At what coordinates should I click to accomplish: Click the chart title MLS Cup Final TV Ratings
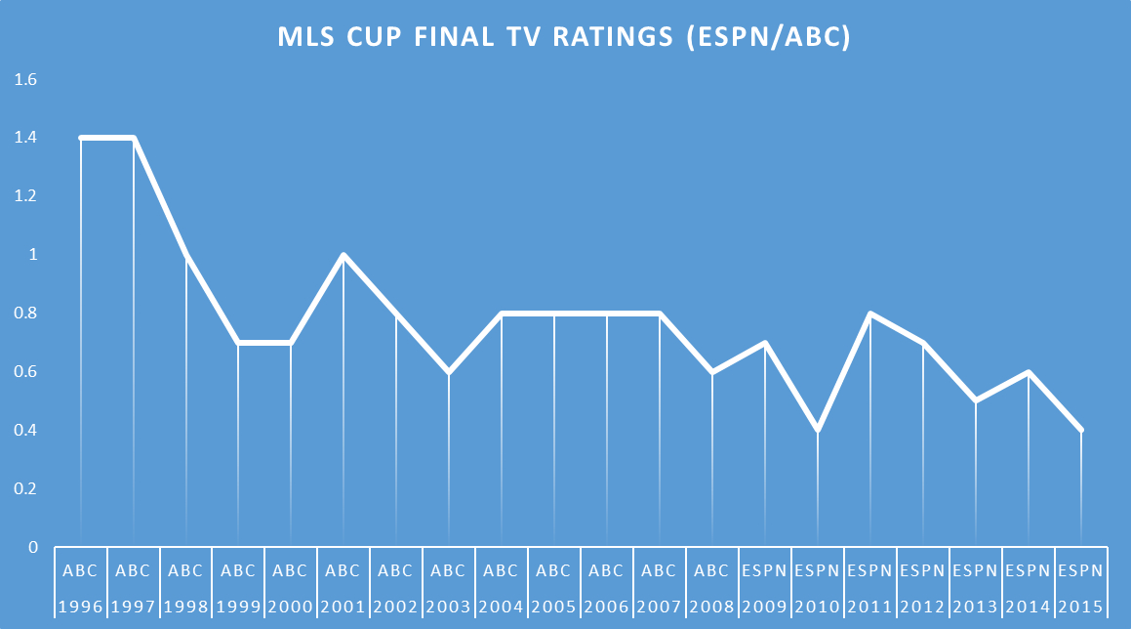[565, 37]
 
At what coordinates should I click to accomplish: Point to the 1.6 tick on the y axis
[25, 79]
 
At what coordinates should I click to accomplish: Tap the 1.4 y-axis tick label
[25, 138]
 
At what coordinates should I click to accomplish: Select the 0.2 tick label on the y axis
[25, 488]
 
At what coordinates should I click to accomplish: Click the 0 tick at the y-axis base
[31, 547]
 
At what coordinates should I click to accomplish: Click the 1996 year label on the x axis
[80, 607]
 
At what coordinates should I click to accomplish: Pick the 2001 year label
[343, 607]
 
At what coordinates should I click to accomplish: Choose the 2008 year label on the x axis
[712, 607]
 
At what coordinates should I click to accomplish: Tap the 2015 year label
[1081, 607]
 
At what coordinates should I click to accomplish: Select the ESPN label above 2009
[765, 570]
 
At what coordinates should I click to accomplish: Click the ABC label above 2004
[502, 570]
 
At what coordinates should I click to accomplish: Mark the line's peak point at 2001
[343, 255]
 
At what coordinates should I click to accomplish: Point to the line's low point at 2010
[818, 430]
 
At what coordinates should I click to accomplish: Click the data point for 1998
[185, 255]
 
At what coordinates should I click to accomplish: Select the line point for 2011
[870, 314]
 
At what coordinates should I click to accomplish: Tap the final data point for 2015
[1081, 430]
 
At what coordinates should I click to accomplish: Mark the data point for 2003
[449, 372]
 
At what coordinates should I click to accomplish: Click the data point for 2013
[976, 400]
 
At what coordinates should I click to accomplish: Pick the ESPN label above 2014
[1029, 570]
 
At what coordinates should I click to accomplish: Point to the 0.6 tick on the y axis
[25, 372]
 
